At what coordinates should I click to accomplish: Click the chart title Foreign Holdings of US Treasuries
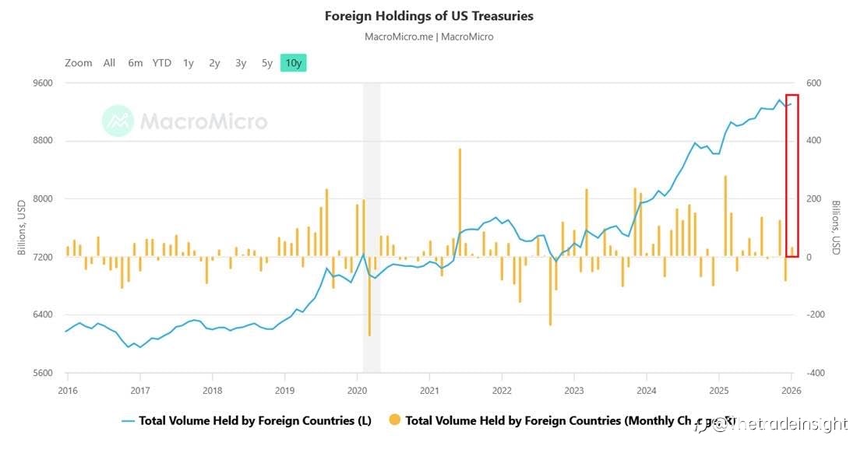[428, 16]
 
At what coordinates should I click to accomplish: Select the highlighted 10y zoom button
[294, 63]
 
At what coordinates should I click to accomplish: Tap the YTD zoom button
[161, 63]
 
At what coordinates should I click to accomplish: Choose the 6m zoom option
[136, 63]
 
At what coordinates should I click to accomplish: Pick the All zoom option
[109, 63]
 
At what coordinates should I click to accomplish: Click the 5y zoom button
[267, 63]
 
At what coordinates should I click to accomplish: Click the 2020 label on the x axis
[357, 390]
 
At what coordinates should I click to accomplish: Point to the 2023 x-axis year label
[574, 390]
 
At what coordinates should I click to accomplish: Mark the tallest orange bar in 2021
[460, 202]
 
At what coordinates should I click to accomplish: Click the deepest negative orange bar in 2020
[369, 296]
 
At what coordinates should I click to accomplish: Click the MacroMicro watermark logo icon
[118, 121]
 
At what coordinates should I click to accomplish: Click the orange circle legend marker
[395, 420]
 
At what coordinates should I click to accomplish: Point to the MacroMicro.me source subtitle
[428, 37]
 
